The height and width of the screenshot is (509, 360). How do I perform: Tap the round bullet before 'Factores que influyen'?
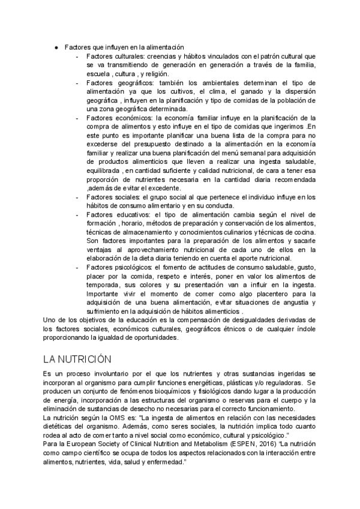56,47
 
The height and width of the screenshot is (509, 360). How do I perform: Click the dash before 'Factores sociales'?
79,197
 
